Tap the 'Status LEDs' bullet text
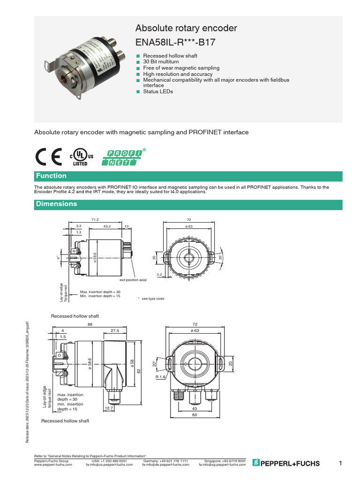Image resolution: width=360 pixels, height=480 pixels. pos(158,91)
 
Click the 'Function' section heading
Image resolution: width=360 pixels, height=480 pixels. pos(52,176)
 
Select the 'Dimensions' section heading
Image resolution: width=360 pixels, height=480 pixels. pos(56,204)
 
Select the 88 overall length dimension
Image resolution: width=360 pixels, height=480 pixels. pos(90,324)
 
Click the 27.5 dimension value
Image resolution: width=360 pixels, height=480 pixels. pos(114,330)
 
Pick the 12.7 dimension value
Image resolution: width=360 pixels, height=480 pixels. pos(109,408)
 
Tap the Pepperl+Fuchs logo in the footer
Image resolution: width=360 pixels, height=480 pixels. pos(286,464)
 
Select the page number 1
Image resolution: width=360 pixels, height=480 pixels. pos(341,464)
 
